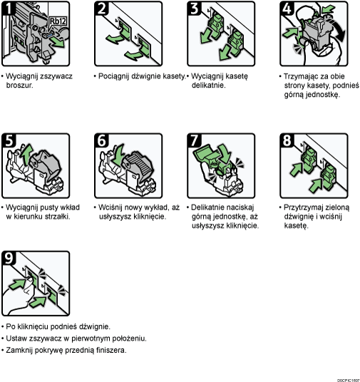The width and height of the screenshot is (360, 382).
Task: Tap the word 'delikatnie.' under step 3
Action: click(208, 85)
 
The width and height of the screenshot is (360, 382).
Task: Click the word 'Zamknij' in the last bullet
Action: click(19, 350)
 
